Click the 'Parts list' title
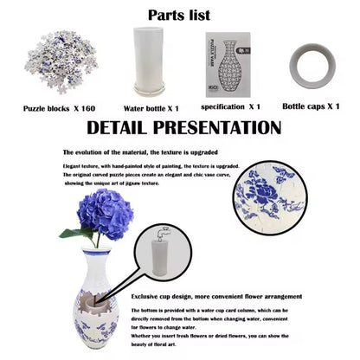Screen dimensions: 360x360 pos(179,15)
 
